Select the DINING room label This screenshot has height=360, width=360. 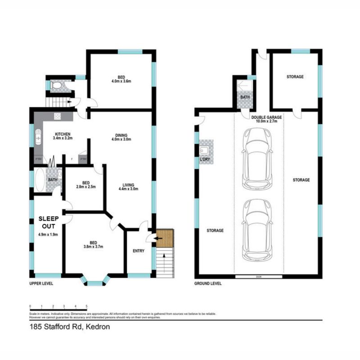click(121, 135)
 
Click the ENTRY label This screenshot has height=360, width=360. click(139, 251)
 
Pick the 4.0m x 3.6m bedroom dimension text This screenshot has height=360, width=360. click(121, 81)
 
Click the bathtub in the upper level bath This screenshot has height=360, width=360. click(39, 180)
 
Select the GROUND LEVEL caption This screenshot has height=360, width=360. click(208, 283)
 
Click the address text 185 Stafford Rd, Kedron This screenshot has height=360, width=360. click(70, 327)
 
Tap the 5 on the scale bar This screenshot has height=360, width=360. click(86, 306)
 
